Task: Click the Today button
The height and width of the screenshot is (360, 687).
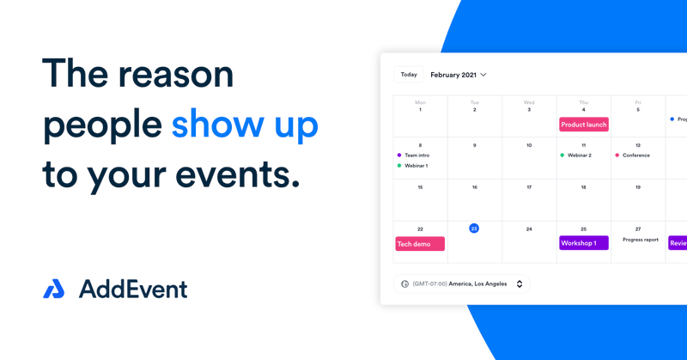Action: tap(409, 75)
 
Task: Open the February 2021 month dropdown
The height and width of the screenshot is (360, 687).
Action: tap(459, 75)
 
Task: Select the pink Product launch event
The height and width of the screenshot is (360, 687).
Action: tap(584, 125)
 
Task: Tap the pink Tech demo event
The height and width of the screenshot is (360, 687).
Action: tap(420, 244)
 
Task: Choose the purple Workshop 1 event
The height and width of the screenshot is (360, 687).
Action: tap(584, 243)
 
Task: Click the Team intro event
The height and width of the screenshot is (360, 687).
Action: tap(416, 156)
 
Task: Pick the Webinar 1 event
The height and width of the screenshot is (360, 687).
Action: tap(416, 166)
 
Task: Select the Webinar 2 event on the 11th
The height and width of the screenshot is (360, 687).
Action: tap(579, 156)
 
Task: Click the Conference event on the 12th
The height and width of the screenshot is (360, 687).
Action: tap(635, 156)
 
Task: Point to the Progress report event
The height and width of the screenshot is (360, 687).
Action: tap(641, 240)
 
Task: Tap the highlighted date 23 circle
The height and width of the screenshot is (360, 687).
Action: tap(474, 229)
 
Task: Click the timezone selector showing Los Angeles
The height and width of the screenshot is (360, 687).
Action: tap(462, 284)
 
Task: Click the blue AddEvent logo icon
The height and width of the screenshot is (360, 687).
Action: tap(53, 290)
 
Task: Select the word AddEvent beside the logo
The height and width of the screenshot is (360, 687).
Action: tap(133, 290)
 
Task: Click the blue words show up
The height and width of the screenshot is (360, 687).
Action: tap(245, 125)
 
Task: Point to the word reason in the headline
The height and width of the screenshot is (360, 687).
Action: tap(175, 76)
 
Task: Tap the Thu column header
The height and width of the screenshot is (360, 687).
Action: tap(584, 102)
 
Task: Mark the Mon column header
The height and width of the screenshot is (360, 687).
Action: tap(420, 102)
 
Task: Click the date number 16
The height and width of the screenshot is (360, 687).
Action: tap(474, 187)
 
